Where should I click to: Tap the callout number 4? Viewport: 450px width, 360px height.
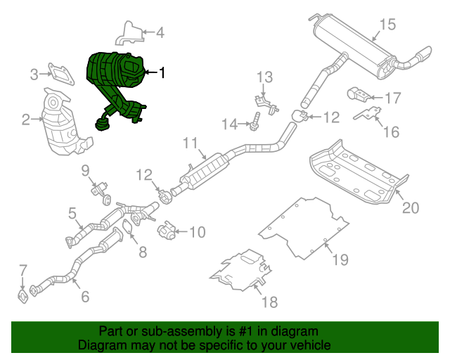[x=160, y=32]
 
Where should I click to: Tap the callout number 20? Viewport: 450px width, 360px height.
[x=410, y=207]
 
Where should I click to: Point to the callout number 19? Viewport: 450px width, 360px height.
[x=340, y=260]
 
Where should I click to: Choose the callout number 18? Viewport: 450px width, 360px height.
[x=270, y=302]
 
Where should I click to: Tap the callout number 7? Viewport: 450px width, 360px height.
[x=23, y=269]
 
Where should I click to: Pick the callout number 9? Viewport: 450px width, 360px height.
[x=85, y=169]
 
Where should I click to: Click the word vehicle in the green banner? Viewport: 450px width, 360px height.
[x=308, y=345]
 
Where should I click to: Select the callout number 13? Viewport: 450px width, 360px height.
[x=264, y=77]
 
